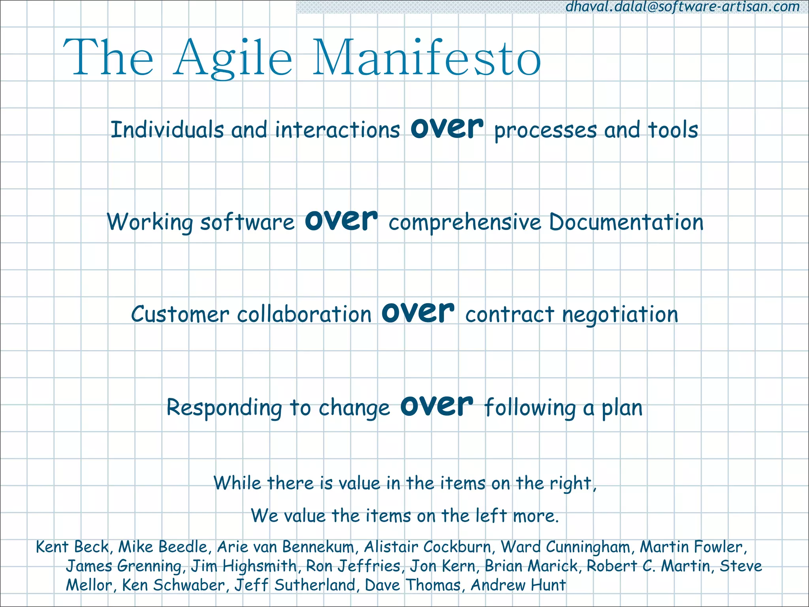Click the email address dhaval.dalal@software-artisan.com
[683, 7]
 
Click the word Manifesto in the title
[427, 58]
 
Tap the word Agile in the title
[233, 58]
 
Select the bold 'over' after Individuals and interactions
[447, 128]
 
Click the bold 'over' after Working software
[341, 220]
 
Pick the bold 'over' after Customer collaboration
[418, 313]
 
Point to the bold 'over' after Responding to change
[436, 406]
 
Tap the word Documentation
[626, 222]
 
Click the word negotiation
[620, 315]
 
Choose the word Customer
[180, 315]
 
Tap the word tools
[673, 130]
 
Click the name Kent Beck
[72, 547]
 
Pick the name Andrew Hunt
[518, 585]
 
